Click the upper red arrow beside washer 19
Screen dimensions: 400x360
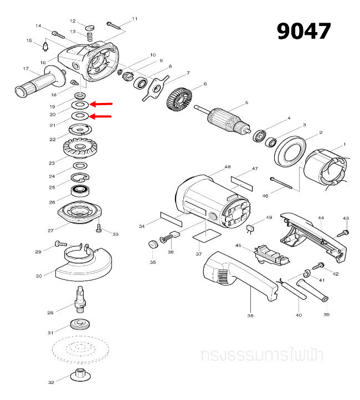(x=101, y=104)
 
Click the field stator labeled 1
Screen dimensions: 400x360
(x=328, y=169)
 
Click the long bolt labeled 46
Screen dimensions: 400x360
(x=286, y=183)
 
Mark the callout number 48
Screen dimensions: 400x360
(x=227, y=167)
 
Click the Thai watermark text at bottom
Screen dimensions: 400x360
(x=263, y=355)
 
